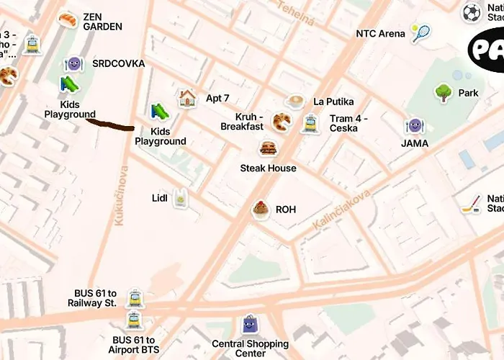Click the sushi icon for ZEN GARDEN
pos(68,19)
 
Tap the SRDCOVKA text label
pos(118,64)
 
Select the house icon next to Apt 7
pos(187,98)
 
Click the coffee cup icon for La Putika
pos(294,102)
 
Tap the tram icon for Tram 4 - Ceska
pos(310,123)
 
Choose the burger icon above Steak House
pos(269,149)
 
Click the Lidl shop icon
pos(181,197)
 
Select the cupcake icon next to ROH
pos(261,210)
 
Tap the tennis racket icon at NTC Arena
pos(420,32)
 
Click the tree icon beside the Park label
pos(444,92)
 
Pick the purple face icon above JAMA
pos(414,126)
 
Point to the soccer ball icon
pos(472,12)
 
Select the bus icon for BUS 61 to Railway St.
pos(135,297)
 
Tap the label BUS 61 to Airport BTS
pos(135,345)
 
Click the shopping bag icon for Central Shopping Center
pos(249,324)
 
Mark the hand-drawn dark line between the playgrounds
pos(110,125)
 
